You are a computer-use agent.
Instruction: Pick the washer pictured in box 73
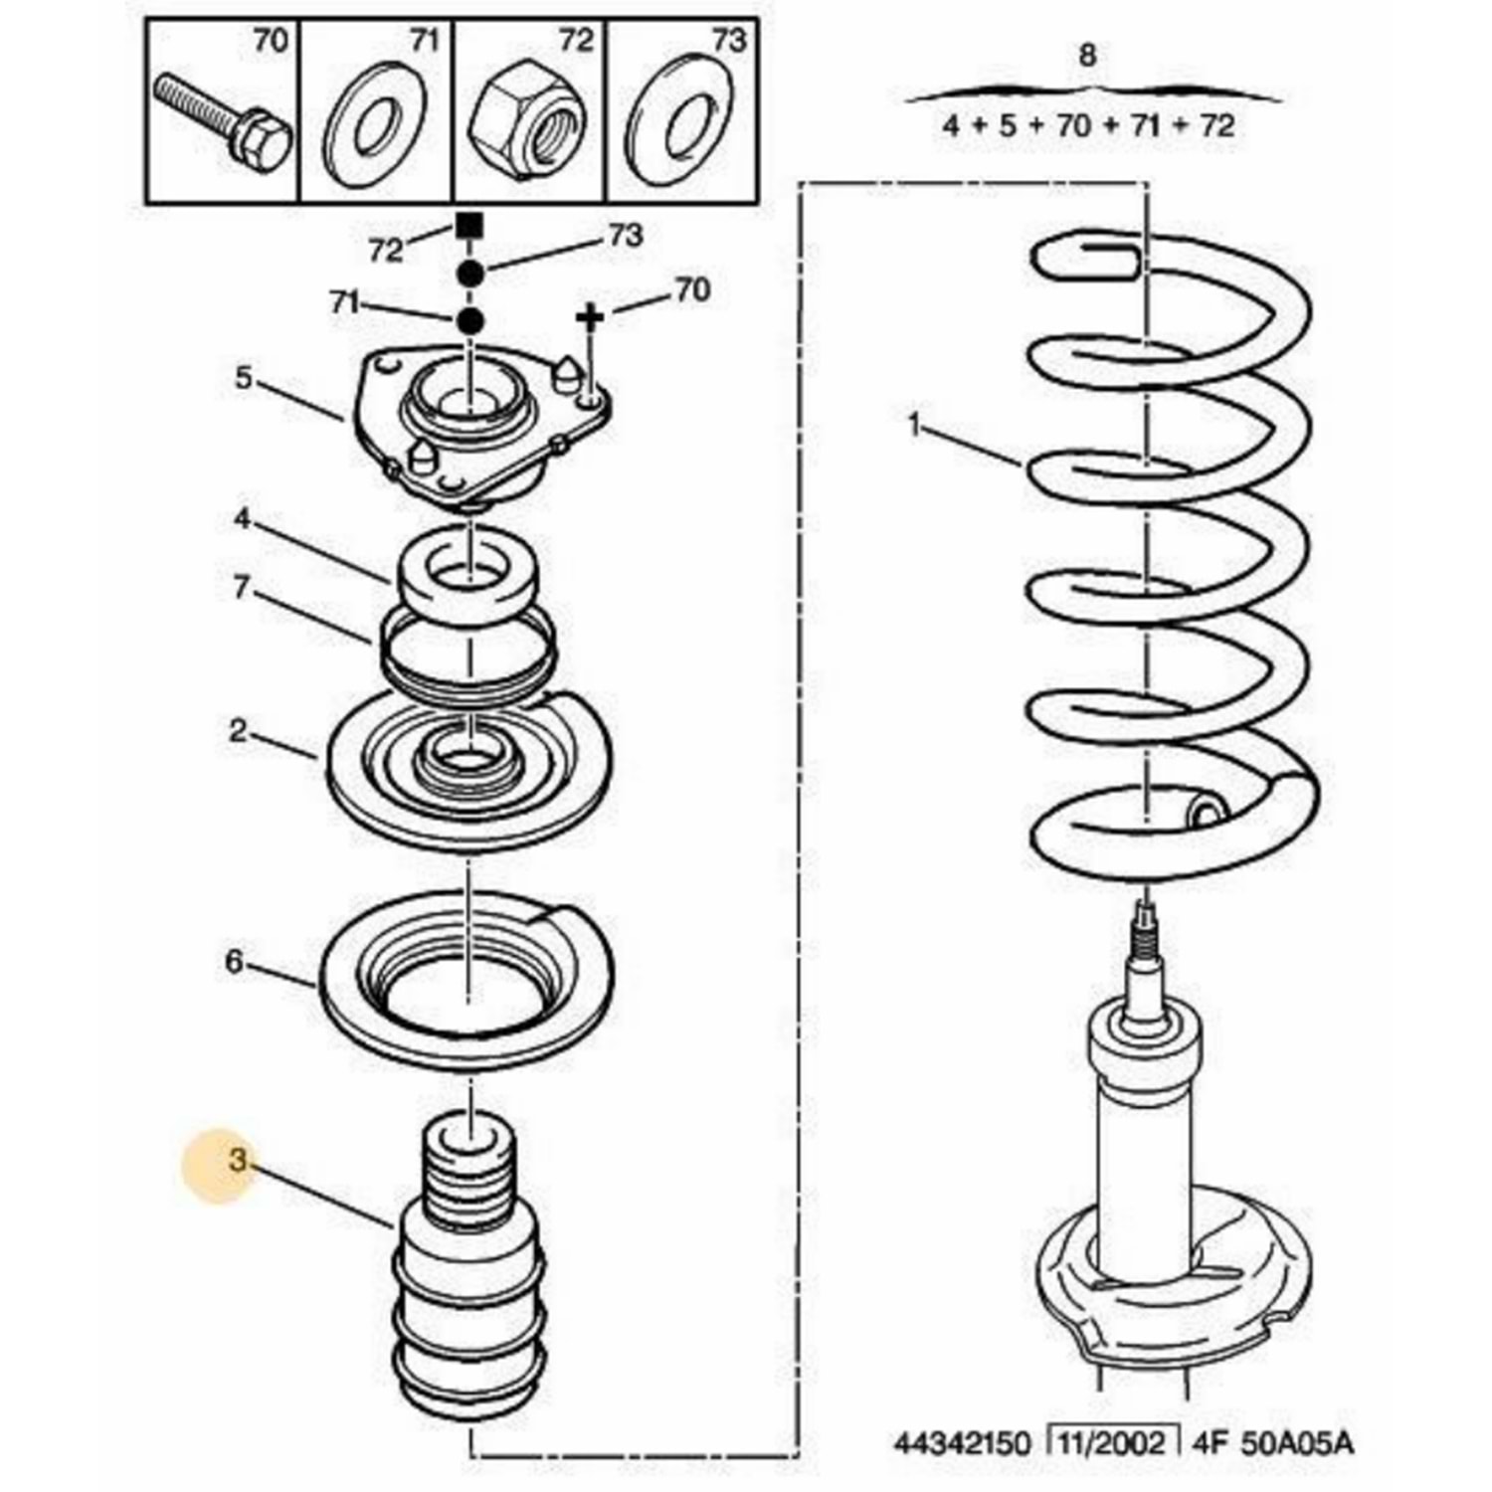pos(676,126)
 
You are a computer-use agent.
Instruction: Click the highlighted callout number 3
pos(236,1160)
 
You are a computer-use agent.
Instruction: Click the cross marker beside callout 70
pos(590,317)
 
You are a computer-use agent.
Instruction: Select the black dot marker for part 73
pos(470,272)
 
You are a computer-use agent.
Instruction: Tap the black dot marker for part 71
pos(469,321)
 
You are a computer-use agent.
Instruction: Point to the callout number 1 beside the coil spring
pos(915,425)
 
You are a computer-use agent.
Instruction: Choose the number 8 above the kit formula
pos(1087,56)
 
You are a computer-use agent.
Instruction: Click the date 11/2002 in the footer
pos(1113,1442)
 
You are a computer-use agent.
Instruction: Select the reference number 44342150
pos(962,1442)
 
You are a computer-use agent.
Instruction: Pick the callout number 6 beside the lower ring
pos(234,962)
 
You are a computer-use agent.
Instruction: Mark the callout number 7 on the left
pos(241,587)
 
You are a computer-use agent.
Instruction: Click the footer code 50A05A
pos(1296,1442)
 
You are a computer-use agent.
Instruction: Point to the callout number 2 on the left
pos(237,731)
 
